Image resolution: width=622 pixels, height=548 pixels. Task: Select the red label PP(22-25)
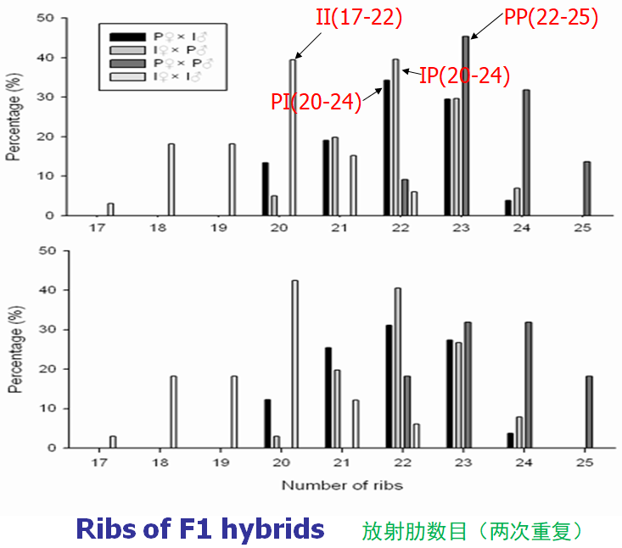tap(552, 17)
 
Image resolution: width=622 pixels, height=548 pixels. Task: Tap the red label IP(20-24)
tap(464, 76)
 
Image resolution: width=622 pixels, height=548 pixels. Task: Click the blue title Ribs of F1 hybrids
tap(199, 528)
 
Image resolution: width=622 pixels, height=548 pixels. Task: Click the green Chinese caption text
tap(472, 530)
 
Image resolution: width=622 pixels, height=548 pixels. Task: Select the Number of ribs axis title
tap(342, 486)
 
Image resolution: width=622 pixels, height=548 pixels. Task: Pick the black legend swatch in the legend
tap(130, 36)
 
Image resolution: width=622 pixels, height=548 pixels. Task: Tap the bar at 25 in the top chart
tap(587, 188)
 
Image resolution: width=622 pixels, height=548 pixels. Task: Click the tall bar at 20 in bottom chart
tap(294, 364)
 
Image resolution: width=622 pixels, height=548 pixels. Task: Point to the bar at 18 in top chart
tap(171, 180)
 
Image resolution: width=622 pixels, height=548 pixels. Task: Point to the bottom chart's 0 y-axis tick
tap(53, 448)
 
